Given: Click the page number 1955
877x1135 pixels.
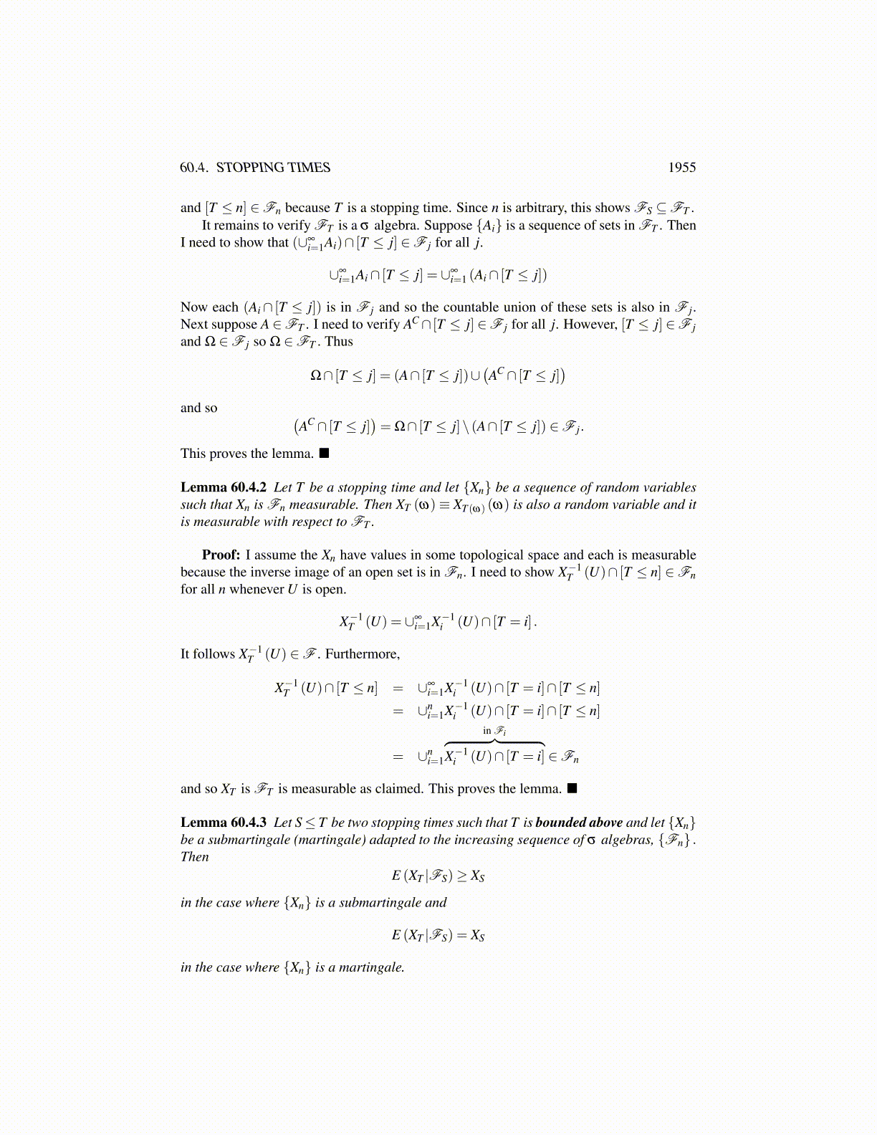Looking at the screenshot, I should click(x=681, y=168).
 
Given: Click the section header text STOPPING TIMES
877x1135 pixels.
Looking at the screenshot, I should click(x=273, y=168).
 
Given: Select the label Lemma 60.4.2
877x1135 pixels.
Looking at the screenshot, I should click(x=224, y=488).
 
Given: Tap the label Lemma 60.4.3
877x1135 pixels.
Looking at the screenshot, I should click(x=224, y=823).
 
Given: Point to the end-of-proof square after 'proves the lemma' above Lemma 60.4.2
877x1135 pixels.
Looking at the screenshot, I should click(x=325, y=454).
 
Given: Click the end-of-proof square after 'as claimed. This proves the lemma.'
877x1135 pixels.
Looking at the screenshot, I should click(x=572, y=789).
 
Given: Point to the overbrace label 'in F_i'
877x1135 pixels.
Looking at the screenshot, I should click(x=494, y=731).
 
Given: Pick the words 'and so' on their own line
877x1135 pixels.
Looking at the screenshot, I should click(x=198, y=408).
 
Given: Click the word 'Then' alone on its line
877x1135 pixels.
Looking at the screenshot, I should click(x=194, y=857).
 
